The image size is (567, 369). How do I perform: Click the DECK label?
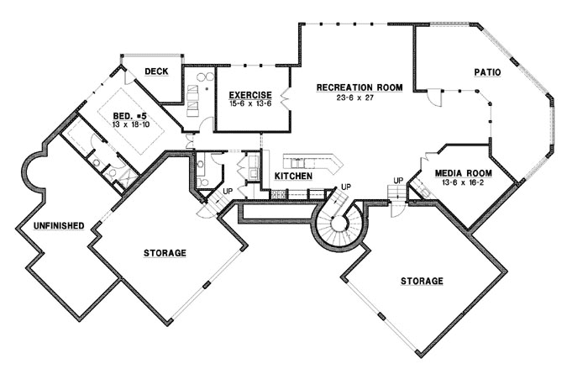156,71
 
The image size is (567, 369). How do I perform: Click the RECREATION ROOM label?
359,87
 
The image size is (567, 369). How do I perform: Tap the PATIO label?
486,73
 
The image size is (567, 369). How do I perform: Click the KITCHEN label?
294,177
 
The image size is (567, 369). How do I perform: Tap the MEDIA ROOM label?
463,173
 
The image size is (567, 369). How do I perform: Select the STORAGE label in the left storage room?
165,252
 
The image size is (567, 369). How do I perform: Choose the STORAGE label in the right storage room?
421,281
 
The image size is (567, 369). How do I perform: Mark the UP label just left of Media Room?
398,181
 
